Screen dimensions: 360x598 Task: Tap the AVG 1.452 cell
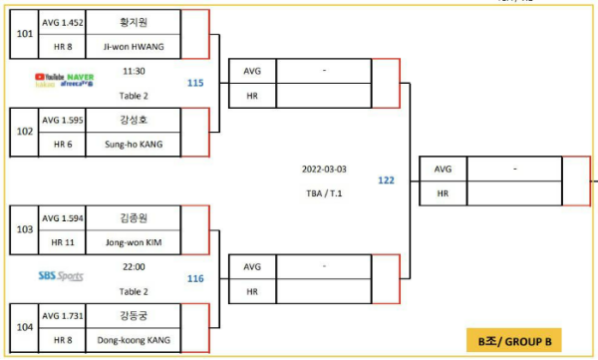(64, 20)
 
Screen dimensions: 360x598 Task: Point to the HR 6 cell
(64, 145)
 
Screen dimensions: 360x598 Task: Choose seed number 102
(24, 132)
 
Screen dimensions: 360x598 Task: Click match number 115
(195, 83)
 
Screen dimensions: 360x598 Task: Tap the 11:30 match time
(134, 72)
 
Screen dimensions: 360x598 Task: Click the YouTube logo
(47, 76)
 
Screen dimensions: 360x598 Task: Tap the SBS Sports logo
(60, 276)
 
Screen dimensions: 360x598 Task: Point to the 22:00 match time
(134, 267)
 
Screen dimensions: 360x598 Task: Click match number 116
(195, 279)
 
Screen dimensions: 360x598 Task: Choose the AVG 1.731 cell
(64, 315)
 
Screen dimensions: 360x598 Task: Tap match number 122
(386, 180)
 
